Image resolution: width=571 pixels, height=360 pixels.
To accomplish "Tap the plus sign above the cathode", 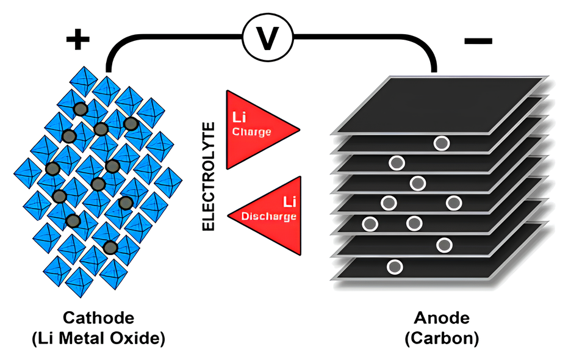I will coord(77,40).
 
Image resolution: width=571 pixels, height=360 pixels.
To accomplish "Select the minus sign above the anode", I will coord(478,41).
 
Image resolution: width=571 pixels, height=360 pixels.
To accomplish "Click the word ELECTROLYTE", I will coord(209,176).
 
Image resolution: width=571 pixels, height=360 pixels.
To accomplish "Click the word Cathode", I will coord(98,319).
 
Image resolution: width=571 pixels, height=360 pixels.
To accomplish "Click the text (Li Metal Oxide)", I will coord(98,337).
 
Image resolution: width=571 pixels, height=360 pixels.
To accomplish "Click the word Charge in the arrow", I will coord(251,132).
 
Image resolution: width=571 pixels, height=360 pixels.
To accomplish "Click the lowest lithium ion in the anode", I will coord(395,267).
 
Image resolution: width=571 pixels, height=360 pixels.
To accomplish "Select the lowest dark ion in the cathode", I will coord(110,247).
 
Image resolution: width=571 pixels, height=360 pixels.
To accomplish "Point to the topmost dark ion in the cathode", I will coord(80,109).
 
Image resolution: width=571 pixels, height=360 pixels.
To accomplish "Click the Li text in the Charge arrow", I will coord(239,117).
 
